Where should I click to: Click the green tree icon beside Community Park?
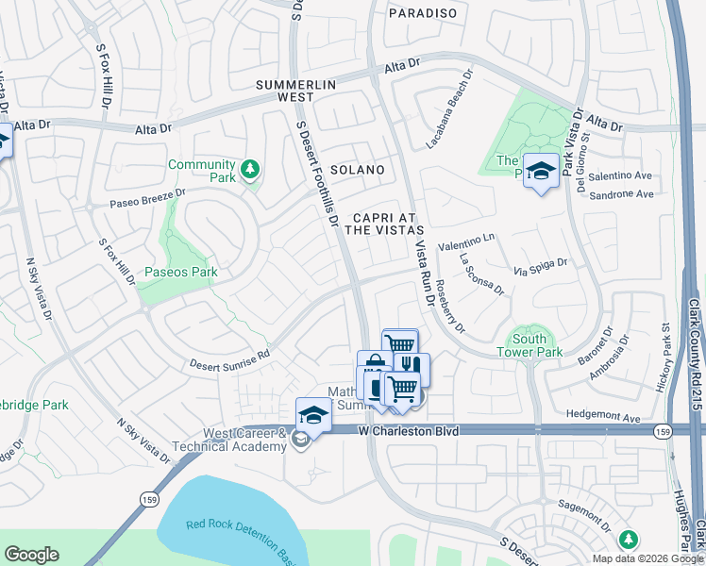(250, 170)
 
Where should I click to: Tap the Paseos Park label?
(180, 273)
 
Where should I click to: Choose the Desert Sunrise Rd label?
(229, 358)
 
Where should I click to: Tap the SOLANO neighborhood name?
(357, 170)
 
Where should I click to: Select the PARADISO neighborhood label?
(424, 13)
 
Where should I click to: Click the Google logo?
(32, 555)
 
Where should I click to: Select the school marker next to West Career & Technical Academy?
(313, 414)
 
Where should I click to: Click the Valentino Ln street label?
(464, 241)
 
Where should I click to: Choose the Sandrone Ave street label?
(621, 194)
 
